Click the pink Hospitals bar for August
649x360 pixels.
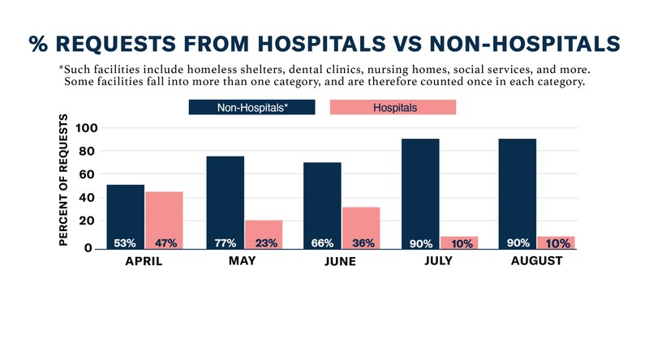click(556, 242)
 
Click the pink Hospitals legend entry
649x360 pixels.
click(393, 107)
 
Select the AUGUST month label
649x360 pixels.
click(536, 262)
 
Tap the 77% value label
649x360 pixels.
click(226, 243)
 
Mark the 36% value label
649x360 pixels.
click(360, 243)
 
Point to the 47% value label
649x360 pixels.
click(164, 243)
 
